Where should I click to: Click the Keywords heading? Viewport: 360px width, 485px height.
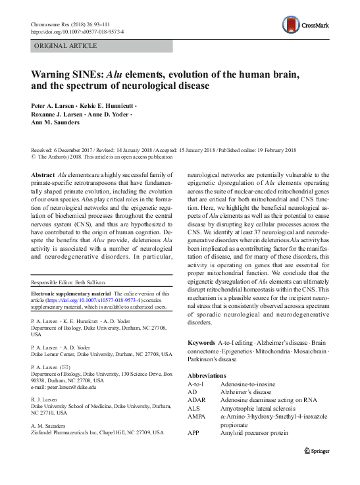point(201,344)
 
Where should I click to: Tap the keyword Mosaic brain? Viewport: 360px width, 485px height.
point(311,352)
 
